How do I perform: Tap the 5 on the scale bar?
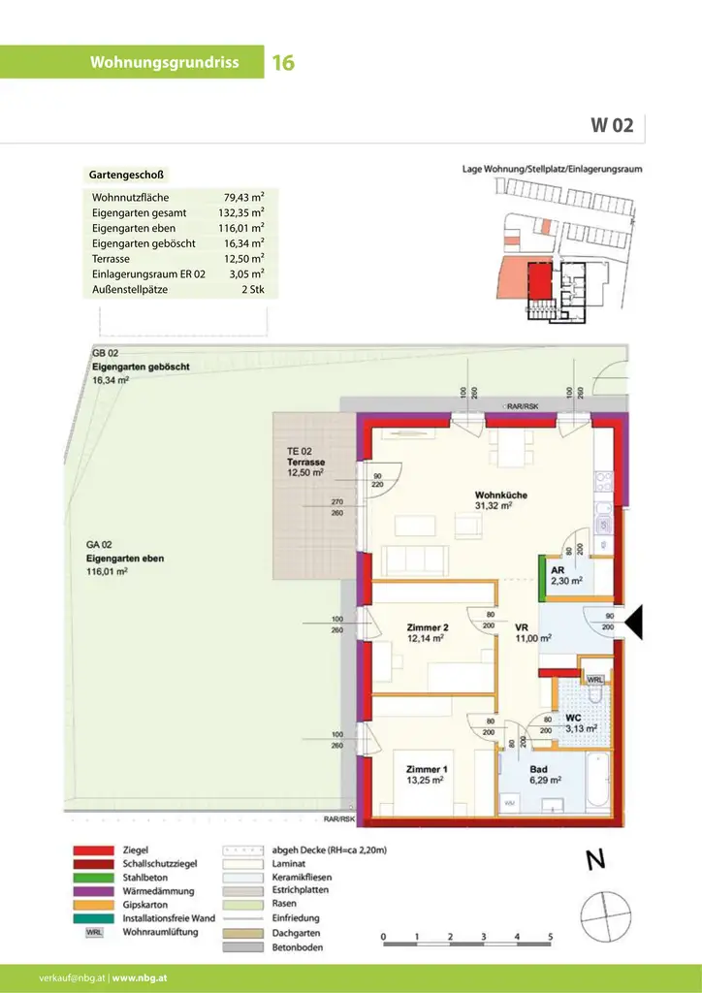tap(550, 938)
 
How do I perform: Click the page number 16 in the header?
tap(283, 64)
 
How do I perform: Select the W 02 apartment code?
tap(612, 126)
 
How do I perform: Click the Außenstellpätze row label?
tap(133, 290)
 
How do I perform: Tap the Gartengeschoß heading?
tap(126, 176)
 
